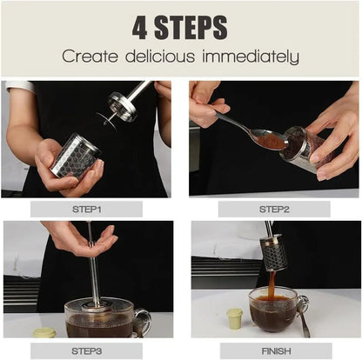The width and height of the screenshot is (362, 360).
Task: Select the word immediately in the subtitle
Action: pyautogui.click(x=252, y=57)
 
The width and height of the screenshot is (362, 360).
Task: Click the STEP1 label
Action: pyautogui.click(x=87, y=209)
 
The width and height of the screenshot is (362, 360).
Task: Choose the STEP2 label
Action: pyautogui.click(x=274, y=209)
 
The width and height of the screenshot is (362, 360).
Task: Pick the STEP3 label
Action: pyautogui.click(x=87, y=350)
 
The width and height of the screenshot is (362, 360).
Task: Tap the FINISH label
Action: pyautogui.click(x=274, y=350)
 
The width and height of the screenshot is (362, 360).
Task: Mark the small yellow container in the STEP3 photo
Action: pyautogui.click(x=44, y=332)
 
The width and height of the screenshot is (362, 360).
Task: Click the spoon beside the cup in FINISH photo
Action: pyautogui.click(x=303, y=317)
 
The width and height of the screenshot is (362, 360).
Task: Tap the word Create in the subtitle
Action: pyautogui.click(x=90, y=57)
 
